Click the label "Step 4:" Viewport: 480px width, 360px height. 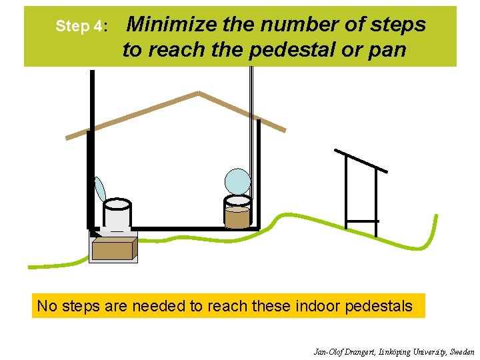(x=80, y=27)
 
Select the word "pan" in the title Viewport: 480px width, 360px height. (x=387, y=51)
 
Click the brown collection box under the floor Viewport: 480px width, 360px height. (x=113, y=249)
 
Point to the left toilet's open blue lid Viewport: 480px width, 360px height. (x=100, y=189)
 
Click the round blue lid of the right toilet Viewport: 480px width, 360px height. (x=237, y=181)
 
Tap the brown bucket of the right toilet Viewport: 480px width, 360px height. (x=237, y=217)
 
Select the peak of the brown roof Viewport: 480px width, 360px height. (x=198, y=93)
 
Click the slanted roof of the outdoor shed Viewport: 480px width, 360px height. (x=360, y=161)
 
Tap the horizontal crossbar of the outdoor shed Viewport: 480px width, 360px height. (x=361, y=221)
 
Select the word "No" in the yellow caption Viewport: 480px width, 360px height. (x=47, y=306)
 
